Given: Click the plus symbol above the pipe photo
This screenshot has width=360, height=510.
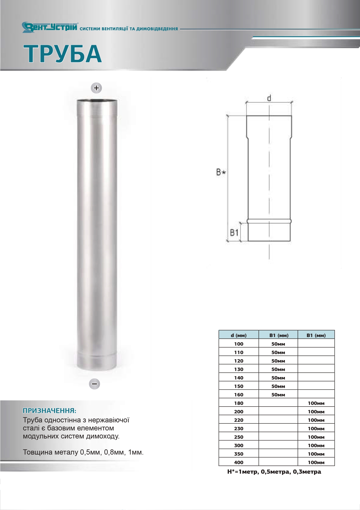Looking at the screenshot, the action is point(96,88).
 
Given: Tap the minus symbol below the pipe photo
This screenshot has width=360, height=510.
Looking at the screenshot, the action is point(95,384).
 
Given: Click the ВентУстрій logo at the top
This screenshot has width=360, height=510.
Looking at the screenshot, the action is point(50,27).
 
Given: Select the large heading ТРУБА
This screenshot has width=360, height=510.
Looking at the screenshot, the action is point(63,53).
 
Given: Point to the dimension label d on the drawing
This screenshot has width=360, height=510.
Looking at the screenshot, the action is point(269,98).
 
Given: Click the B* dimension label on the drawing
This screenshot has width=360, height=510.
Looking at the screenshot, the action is point(221,172).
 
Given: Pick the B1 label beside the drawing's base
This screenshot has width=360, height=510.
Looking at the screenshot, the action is point(234,232).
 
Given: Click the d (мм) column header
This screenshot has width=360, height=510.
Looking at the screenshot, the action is point(239,335).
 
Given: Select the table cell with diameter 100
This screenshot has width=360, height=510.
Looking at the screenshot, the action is point(239,344).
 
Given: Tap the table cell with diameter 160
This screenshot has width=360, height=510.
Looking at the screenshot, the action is point(239,395).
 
